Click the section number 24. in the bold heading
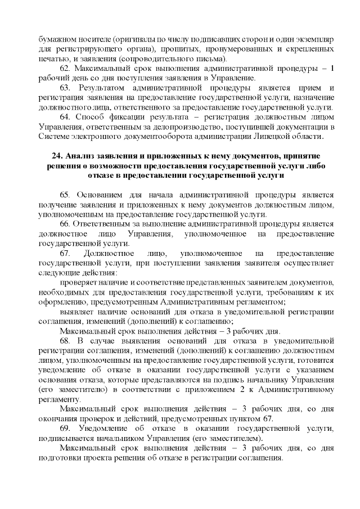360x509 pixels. [55, 155]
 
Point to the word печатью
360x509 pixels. [53, 58]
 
